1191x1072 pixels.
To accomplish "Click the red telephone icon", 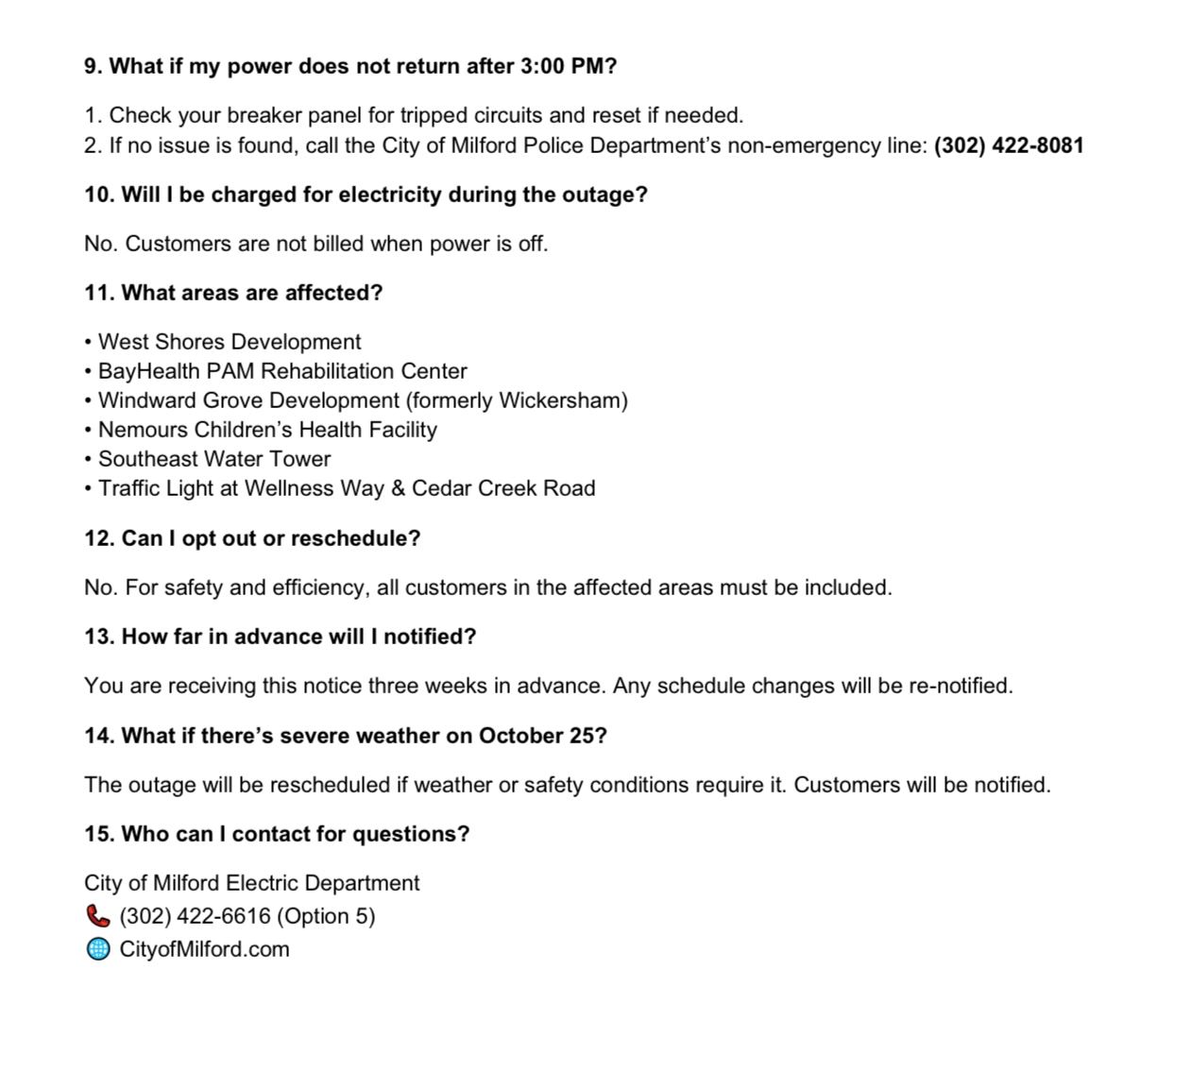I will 97,916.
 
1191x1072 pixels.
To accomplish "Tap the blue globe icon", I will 97,949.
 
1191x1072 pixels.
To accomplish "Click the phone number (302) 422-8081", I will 1009,145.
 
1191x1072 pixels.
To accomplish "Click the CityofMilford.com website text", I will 204,949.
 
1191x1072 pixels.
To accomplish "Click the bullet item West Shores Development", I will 229,342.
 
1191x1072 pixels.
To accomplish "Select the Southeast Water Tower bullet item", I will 213,459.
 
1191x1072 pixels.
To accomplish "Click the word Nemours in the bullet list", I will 143,430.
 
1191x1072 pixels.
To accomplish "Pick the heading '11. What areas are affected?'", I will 233,293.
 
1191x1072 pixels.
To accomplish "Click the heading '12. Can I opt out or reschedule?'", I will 252,538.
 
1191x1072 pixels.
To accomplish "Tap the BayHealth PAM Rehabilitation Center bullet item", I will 281,371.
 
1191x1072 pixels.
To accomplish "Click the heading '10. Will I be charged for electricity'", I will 366,195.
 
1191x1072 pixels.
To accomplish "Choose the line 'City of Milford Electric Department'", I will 251,883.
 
